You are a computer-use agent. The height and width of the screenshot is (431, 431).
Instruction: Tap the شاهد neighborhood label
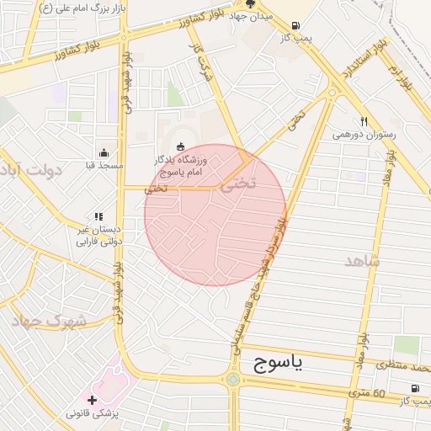(363, 261)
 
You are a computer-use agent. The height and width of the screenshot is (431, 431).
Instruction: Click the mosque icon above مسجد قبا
(104, 152)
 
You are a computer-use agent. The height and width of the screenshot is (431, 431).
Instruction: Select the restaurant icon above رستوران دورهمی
(364, 121)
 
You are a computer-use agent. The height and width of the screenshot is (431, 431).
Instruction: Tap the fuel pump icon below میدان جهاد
(295, 26)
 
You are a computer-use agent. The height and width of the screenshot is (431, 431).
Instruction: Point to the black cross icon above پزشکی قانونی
(92, 399)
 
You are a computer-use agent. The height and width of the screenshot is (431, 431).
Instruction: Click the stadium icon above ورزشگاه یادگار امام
(179, 146)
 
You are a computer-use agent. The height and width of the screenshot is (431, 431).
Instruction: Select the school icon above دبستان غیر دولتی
(98, 216)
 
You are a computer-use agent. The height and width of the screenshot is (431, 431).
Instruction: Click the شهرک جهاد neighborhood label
(50, 321)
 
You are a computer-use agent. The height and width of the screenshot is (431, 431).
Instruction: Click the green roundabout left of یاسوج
(232, 380)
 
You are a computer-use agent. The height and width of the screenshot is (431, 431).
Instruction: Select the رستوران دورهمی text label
(364, 134)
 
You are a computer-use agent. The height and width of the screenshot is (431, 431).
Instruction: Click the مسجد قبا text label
(104, 166)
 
